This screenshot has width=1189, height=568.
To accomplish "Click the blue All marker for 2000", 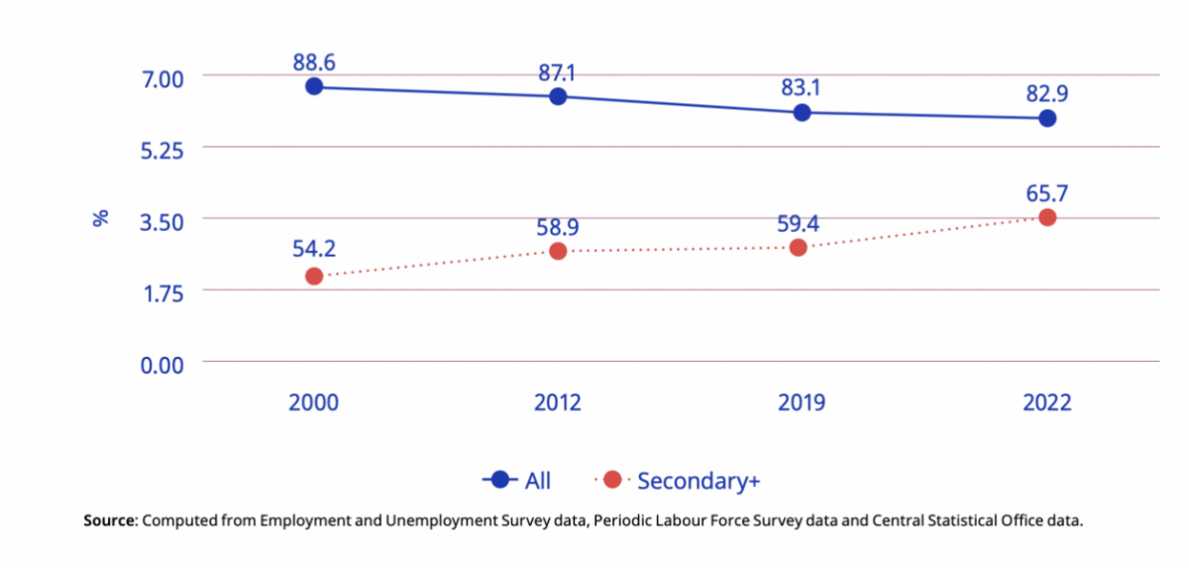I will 314,86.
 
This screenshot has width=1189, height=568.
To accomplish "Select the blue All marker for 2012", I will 558,96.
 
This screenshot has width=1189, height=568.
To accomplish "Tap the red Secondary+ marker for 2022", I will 1046,217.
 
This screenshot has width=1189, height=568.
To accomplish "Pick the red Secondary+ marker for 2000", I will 314,276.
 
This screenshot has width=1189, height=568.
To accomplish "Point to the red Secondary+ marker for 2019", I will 799,247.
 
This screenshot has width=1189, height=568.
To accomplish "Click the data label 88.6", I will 314,62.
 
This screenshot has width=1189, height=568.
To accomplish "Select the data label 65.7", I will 1046,193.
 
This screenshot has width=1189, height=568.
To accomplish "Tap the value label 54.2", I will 314,251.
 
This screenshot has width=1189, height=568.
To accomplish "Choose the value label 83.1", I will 799,88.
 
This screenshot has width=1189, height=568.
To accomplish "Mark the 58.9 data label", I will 558,227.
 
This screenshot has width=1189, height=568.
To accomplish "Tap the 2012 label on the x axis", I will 558,402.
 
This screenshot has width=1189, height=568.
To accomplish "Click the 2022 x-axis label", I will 1046,402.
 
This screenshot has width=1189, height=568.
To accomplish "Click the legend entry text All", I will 538,481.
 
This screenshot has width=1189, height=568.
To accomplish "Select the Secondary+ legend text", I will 699,481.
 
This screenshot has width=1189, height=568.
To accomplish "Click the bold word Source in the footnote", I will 109,521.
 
